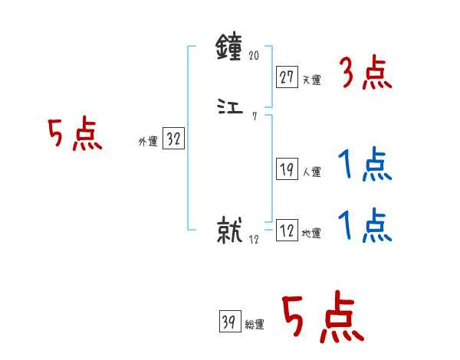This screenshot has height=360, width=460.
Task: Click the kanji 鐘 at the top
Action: (231, 50)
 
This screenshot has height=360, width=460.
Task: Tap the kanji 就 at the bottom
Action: (231, 231)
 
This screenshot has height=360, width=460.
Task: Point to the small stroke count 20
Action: (255, 56)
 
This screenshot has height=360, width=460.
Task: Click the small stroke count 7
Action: (254, 116)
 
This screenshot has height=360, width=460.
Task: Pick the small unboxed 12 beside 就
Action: (255, 239)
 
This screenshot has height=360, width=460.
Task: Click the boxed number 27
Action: (287, 77)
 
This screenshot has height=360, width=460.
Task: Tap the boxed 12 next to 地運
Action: (287, 231)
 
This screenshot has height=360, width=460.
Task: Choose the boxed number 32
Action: (173, 139)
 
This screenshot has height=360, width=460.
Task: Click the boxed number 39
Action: (228, 322)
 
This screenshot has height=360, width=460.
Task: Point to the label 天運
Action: (311, 79)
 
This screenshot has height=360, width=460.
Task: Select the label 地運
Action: (311, 234)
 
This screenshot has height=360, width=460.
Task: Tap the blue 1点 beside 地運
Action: (365, 227)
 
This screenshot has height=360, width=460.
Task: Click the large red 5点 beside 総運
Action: (322, 319)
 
